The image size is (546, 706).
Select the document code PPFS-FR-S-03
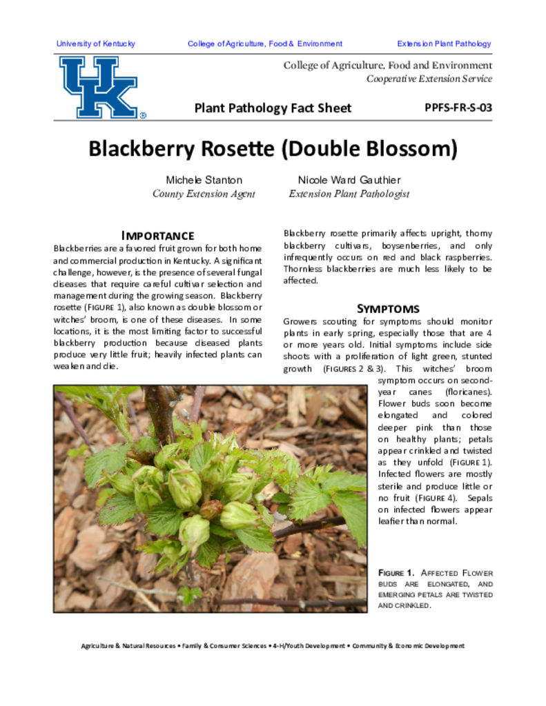click(x=458, y=108)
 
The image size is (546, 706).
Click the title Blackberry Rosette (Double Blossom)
click(x=273, y=148)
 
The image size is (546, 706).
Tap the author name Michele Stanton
click(x=204, y=180)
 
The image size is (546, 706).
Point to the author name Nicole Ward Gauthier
click(x=349, y=180)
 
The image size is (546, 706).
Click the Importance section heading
click(x=157, y=236)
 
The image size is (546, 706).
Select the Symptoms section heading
click(x=387, y=308)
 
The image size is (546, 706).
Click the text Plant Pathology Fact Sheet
click(x=273, y=108)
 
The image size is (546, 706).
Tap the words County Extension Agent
click(x=204, y=194)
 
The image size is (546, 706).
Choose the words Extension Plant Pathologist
click(x=349, y=194)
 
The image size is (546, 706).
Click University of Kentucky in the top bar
click(x=96, y=43)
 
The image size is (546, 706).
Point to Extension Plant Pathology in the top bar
click(x=444, y=43)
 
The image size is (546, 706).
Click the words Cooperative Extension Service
click(x=429, y=79)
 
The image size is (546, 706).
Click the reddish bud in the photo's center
click(x=212, y=508)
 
